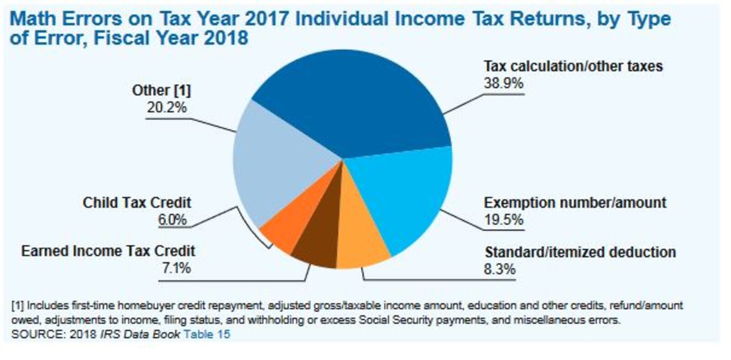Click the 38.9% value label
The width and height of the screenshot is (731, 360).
point(503,84)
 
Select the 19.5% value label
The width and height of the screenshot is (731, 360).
point(503,220)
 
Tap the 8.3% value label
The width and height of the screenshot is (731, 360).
point(499,269)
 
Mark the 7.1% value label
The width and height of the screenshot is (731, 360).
point(176,268)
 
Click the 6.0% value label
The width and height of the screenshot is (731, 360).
point(172,220)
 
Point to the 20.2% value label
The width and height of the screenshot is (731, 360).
point(166,107)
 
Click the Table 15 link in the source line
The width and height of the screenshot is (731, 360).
point(207,334)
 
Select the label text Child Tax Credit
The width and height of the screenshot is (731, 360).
point(137,202)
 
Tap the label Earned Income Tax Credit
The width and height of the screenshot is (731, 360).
point(108,251)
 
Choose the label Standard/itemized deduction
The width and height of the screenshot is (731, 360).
point(580,252)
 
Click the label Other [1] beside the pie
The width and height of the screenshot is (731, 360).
point(161,90)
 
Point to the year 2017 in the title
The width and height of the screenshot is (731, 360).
point(266,19)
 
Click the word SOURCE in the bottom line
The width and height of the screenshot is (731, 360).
point(38,334)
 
